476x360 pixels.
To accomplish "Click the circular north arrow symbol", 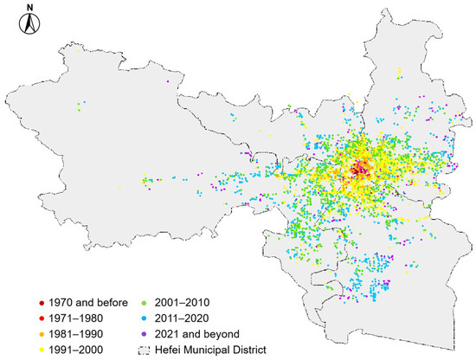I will click(29, 25).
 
